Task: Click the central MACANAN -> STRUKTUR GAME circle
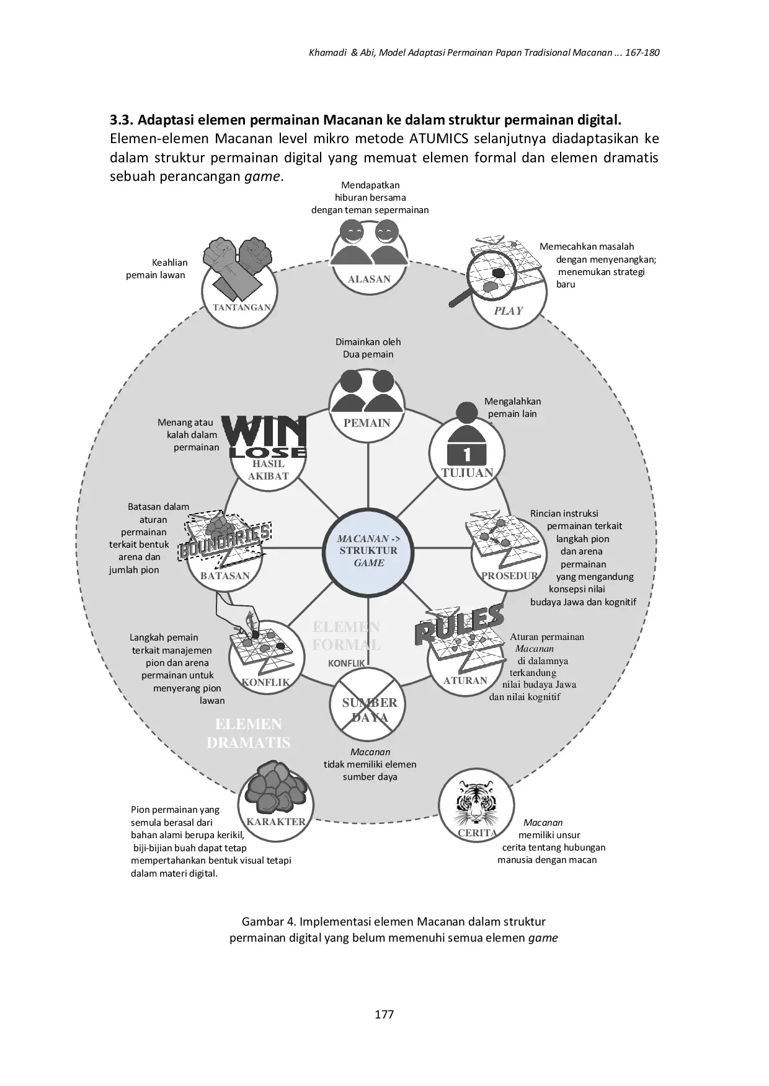(368, 551)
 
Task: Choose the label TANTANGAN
(241, 307)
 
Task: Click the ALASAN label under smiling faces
(369, 279)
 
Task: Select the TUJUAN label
(467, 473)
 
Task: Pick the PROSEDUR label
(509, 576)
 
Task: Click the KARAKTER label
(276, 821)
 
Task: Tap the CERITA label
(477, 833)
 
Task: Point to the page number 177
(384, 1014)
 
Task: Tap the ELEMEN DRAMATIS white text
(248, 733)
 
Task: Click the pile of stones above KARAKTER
(276, 787)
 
